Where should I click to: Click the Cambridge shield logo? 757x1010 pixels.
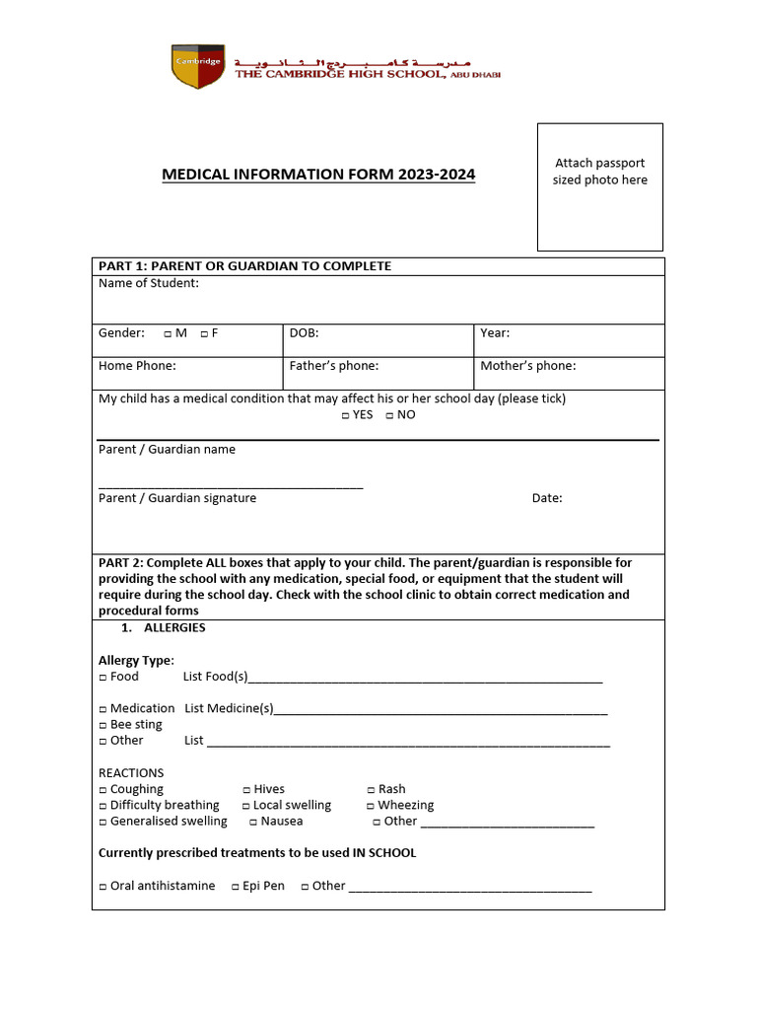click(197, 66)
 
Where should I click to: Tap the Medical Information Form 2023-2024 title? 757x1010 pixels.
click(318, 175)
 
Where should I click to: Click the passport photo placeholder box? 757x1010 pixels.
click(599, 186)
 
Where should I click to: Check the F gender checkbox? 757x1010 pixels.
click(203, 334)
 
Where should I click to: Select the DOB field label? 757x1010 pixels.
click(304, 333)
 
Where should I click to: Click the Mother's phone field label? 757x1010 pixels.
click(527, 366)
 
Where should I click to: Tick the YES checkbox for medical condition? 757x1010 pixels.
click(346, 415)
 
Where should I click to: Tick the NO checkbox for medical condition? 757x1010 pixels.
click(389, 415)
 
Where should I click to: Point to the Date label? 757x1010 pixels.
click(547, 498)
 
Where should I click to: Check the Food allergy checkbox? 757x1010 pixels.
click(103, 678)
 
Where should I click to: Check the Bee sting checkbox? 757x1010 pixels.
click(103, 725)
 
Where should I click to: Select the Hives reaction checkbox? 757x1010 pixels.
click(246, 790)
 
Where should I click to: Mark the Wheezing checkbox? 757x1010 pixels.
click(371, 806)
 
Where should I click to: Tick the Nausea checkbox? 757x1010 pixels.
click(253, 822)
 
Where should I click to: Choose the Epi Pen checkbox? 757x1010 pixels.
click(236, 887)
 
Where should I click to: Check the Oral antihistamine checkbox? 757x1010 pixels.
click(103, 887)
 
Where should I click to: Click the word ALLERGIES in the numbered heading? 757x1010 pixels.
click(174, 628)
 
